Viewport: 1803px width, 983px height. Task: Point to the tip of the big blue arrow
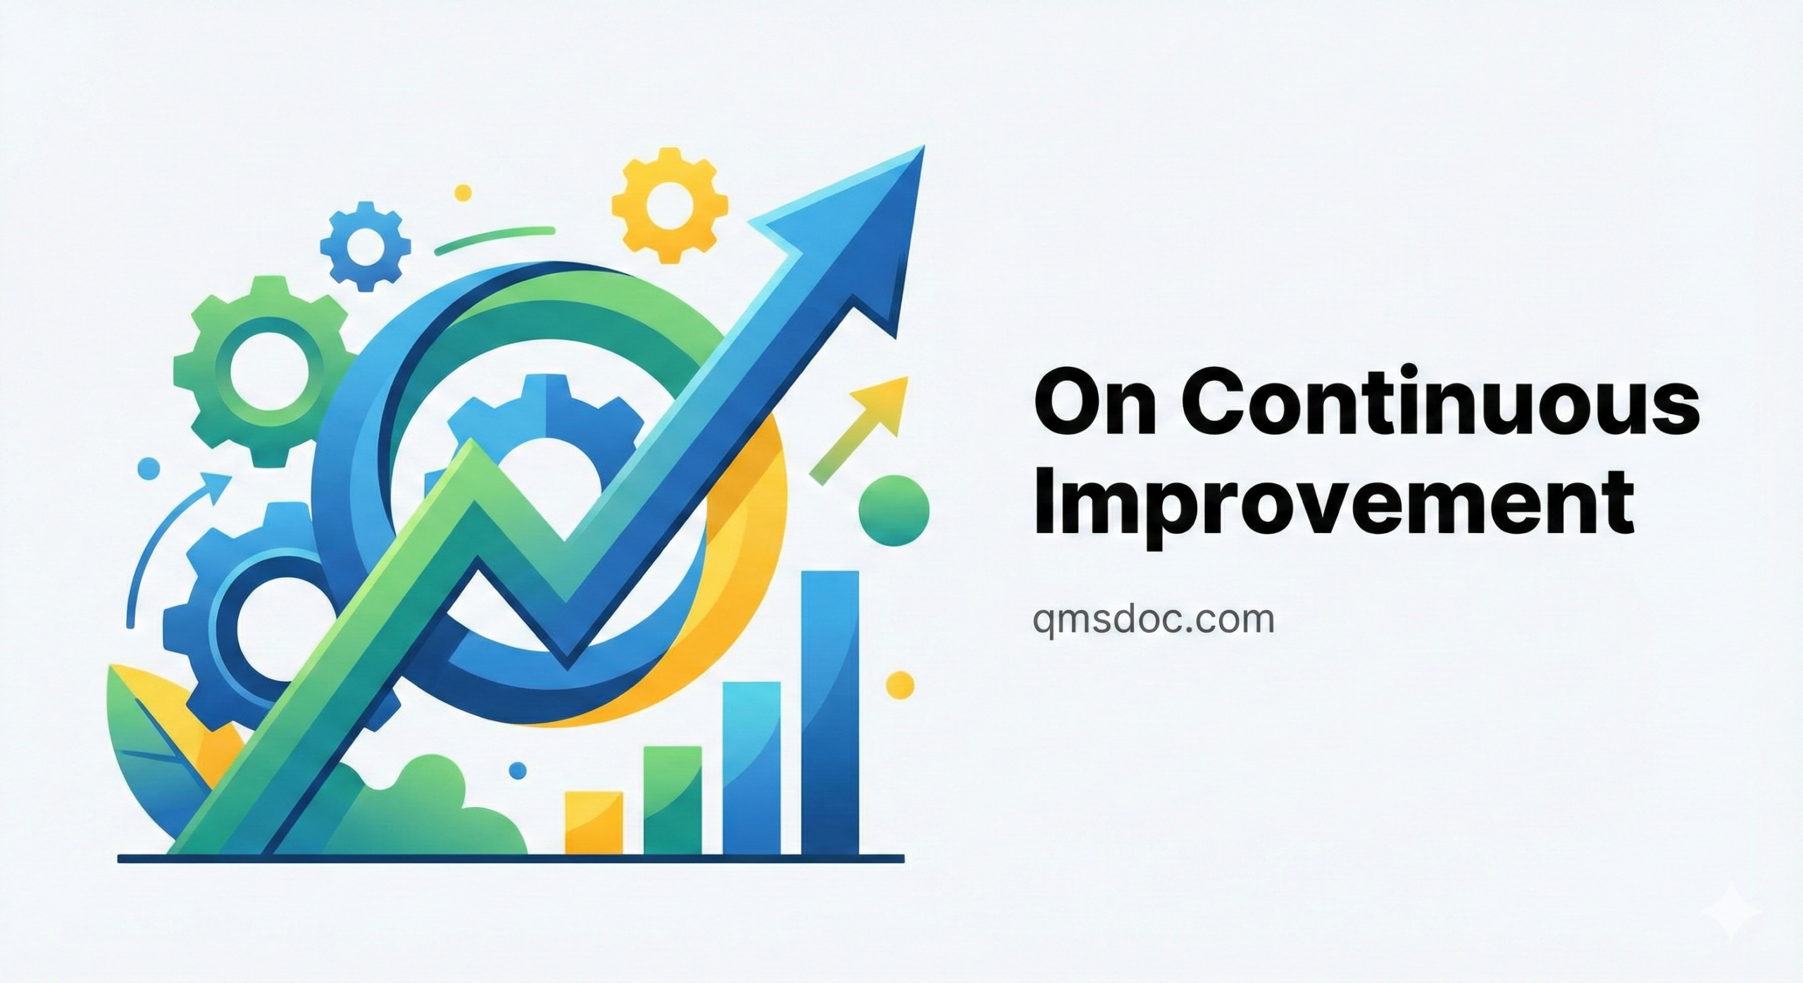[923, 146]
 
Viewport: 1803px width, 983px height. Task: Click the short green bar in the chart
[673, 799]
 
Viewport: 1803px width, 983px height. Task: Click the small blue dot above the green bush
[518, 770]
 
